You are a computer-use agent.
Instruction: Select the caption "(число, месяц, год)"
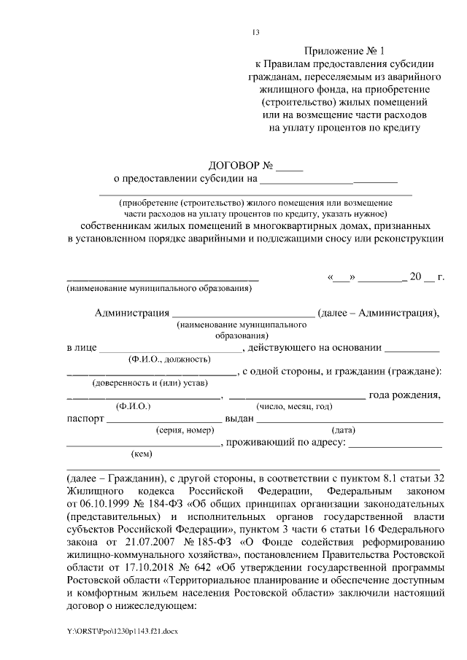[293, 406]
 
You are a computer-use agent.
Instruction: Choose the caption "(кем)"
[141, 454]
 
